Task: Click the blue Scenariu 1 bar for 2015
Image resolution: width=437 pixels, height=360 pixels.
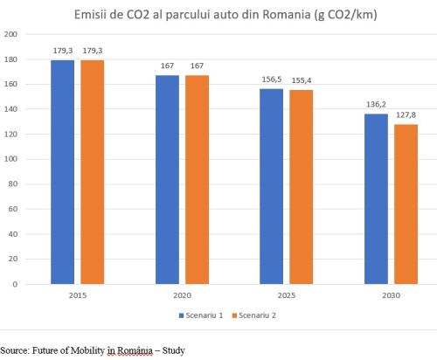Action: (x=62, y=172)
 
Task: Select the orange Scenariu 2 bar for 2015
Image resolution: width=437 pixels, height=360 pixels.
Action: (x=93, y=172)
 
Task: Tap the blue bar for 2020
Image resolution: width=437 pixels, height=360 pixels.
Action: (x=168, y=179)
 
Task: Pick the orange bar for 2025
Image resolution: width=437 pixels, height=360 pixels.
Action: (x=302, y=187)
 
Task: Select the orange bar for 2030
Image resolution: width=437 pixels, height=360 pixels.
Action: (x=406, y=204)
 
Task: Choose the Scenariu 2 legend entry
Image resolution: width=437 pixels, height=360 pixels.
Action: (x=258, y=314)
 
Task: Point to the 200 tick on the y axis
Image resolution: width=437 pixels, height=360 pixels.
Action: (x=11, y=34)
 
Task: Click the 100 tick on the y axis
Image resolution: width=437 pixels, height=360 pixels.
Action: (x=11, y=159)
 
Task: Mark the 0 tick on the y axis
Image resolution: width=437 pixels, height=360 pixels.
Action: (x=16, y=284)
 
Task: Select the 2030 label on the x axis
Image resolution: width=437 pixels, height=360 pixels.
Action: (x=391, y=295)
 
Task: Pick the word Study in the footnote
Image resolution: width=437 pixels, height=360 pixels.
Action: (x=173, y=350)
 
